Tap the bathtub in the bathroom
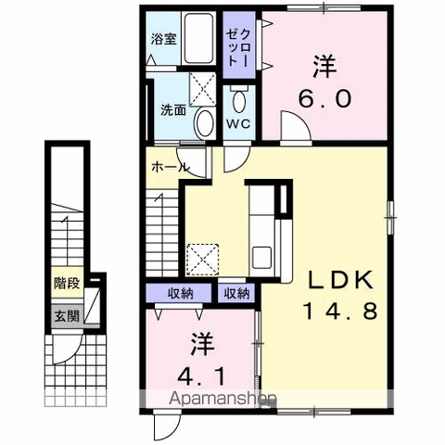(196, 40)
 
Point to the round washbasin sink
(205, 122)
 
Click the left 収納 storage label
(181, 294)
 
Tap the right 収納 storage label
(236, 294)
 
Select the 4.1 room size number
(204, 377)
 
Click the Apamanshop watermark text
(222, 400)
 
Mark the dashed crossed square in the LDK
(201, 257)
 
